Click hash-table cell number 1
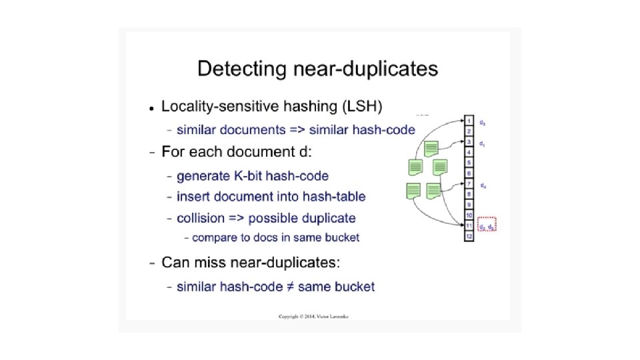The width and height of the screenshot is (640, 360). click(x=469, y=121)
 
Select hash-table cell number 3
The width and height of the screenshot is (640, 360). click(x=469, y=142)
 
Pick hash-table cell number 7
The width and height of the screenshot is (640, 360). click(x=469, y=184)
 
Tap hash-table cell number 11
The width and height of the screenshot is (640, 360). click(x=469, y=226)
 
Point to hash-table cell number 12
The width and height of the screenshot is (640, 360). click(x=469, y=236)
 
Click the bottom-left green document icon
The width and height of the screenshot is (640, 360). click(x=413, y=191)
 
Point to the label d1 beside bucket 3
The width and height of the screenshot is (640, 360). click(x=482, y=143)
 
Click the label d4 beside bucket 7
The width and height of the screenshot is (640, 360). click(x=482, y=186)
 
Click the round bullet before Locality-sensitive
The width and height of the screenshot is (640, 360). click(x=152, y=107)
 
